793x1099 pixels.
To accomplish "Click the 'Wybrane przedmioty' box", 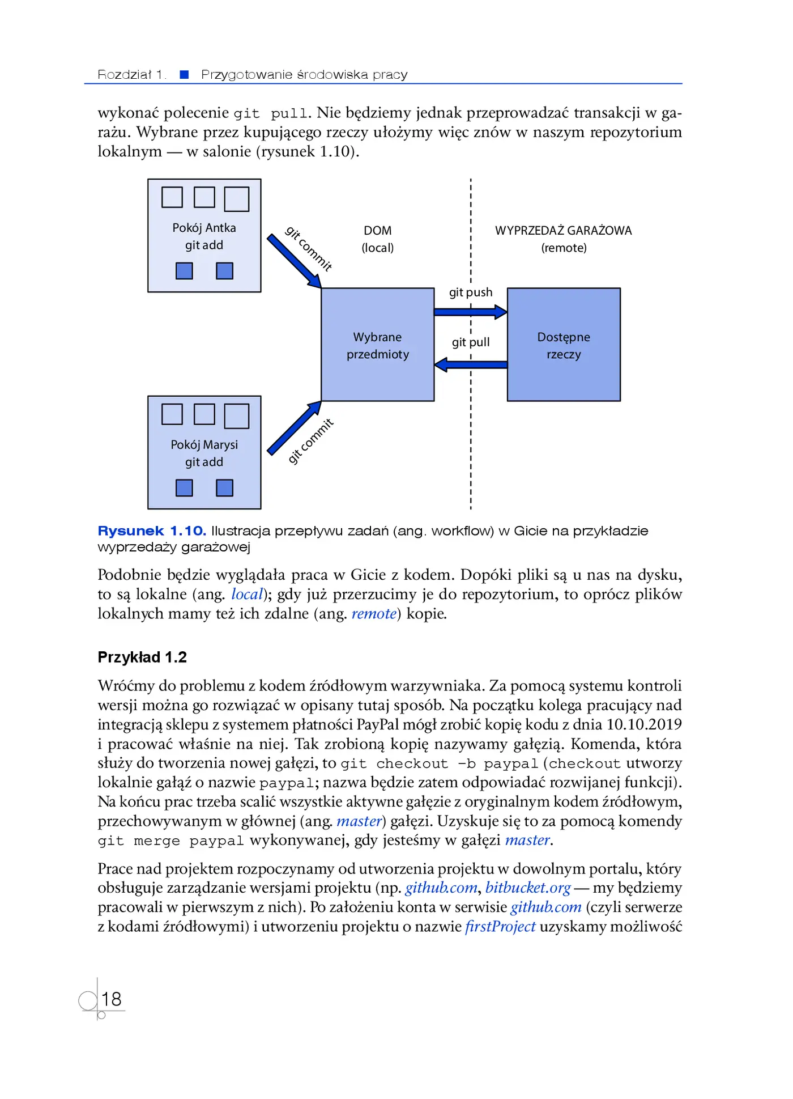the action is (x=377, y=345).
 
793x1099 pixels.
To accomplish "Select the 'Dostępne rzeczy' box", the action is (x=564, y=345).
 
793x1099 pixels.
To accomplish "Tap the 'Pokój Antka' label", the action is (x=204, y=228).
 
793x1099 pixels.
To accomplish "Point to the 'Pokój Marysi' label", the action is (x=204, y=445).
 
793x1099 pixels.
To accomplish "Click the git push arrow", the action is (x=470, y=312).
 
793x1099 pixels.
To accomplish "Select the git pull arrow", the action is (x=470, y=364).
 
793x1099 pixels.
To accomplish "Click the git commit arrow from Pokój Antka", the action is (x=295, y=261).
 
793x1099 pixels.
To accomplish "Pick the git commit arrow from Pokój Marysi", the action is (x=295, y=428).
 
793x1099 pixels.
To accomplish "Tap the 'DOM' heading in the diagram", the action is (x=377, y=231).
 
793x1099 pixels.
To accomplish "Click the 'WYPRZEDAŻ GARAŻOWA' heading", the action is (x=564, y=231).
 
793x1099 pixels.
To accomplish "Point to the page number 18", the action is (x=111, y=999).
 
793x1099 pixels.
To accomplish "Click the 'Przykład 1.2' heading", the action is (x=142, y=657).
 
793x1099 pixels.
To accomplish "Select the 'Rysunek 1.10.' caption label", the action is (x=152, y=531).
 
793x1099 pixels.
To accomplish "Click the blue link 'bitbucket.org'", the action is (x=528, y=888).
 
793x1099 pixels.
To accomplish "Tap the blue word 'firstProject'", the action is (x=500, y=927).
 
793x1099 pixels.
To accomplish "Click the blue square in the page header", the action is (x=184, y=75).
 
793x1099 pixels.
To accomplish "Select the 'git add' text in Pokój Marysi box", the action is (x=204, y=462).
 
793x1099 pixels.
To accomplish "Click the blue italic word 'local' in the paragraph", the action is (x=247, y=595).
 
